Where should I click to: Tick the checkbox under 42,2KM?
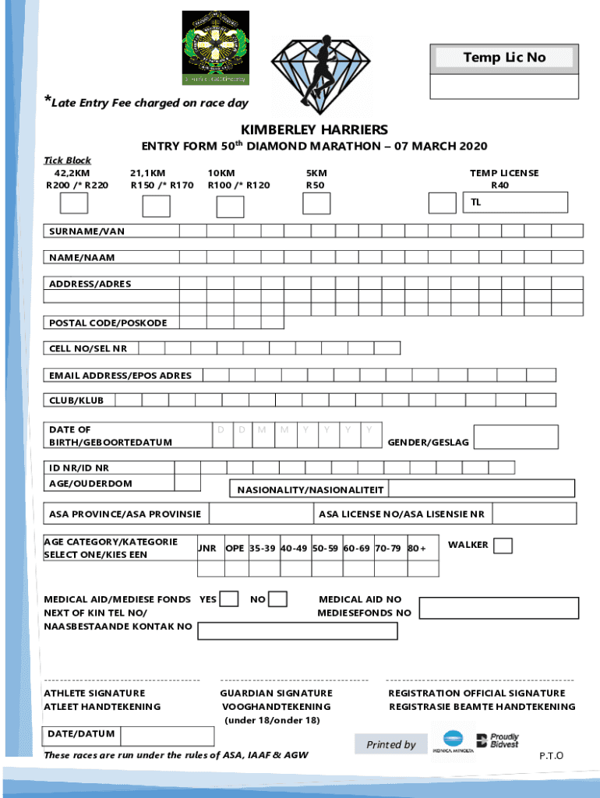(75, 203)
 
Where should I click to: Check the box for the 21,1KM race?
(157, 206)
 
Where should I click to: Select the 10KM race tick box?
(230, 207)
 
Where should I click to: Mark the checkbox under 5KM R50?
(316, 203)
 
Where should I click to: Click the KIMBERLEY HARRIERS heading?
(314, 129)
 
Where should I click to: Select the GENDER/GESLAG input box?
(516, 437)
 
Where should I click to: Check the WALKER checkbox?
(503, 546)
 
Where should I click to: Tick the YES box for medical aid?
(229, 599)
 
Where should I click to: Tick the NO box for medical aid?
(277, 599)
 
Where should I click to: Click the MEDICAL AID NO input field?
(499, 608)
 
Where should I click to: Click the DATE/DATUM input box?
(168, 736)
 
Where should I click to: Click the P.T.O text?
(551, 756)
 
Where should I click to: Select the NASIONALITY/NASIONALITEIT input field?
(481, 489)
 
